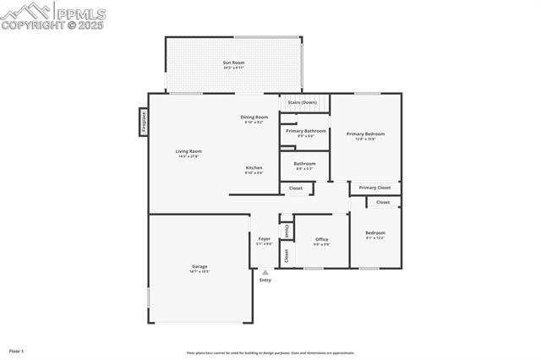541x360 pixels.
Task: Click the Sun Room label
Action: click(233, 63)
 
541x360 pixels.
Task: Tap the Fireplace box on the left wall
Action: click(144, 122)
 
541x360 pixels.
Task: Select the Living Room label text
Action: click(189, 151)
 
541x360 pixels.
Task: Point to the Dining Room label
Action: click(254, 117)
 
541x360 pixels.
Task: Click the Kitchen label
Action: click(254, 167)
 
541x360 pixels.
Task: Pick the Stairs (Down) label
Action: click(302, 102)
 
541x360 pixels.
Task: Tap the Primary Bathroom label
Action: click(305, 131)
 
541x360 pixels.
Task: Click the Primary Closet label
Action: click(374, 188)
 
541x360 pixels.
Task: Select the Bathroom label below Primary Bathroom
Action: click(304, 163)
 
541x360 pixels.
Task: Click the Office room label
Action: click(321, 239)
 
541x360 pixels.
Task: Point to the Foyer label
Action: click(265, 239)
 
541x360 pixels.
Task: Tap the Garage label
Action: click(199, 266)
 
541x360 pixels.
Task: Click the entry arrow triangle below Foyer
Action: click(265, 272)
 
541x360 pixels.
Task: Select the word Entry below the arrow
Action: click(265, 280)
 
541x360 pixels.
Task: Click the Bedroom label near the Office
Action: click(374, 232)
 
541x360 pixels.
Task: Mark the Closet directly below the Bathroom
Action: click(296, 188)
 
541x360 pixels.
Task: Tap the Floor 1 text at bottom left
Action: click(16, 350)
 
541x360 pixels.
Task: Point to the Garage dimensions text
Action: click(199, 271)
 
